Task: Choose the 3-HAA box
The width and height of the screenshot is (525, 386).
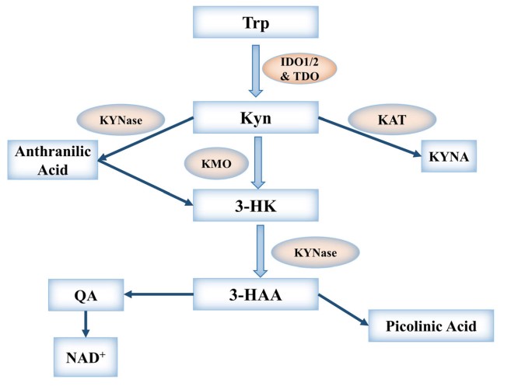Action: tap(256, 296)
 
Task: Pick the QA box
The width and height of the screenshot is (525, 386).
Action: tap(86, 296)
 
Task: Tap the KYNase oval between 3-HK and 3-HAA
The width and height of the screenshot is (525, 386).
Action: tap(316, 251)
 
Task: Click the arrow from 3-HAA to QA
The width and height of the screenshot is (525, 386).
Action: tap(159, 294)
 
